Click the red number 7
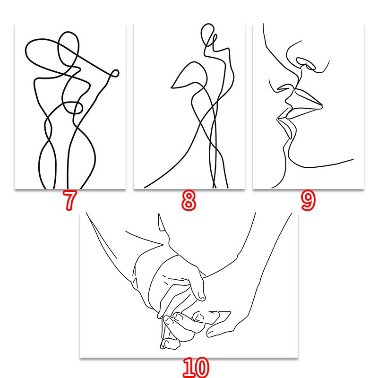click(69, 200)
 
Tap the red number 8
click(189, 200)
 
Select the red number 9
click(309, 200)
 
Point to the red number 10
click(196, 368)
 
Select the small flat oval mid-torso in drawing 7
click(72, 102)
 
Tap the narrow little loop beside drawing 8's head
click(215, 40)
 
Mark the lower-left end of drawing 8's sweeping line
click(145, 187)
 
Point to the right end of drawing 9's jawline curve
click(353, 159)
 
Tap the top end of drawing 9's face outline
click(263, 24)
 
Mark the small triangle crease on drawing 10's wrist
click(136, 282)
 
